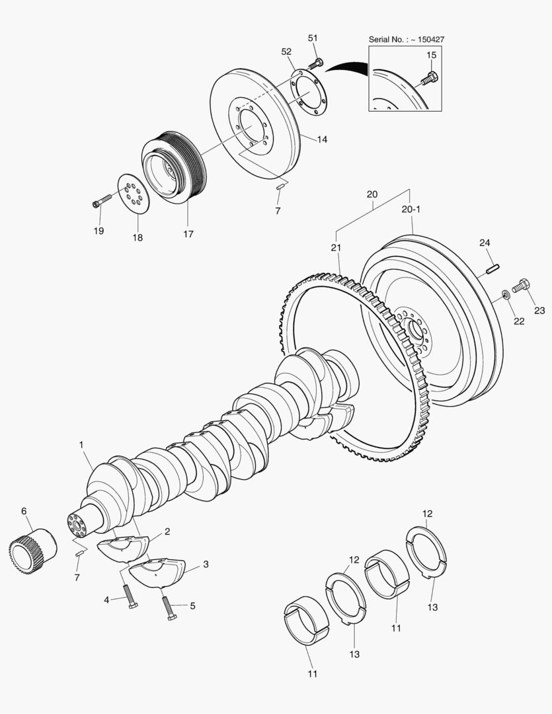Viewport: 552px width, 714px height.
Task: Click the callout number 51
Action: tap(313, 38)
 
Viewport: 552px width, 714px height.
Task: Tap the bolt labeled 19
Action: tap(102, 200)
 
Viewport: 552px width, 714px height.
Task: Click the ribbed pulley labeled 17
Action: tap(174, 169)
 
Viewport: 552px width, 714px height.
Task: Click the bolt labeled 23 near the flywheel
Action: tap(520, 286)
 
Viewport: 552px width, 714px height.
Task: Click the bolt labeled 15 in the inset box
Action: tap(429, 77)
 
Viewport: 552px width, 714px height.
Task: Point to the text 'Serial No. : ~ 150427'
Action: tap(406, 39)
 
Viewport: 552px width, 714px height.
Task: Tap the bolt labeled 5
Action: tap(169, 608)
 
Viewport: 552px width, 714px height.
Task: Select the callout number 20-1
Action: tap(411, 209)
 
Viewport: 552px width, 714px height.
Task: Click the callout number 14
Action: tap(322, 139)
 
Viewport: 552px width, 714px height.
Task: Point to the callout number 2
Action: tap(167, 531)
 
